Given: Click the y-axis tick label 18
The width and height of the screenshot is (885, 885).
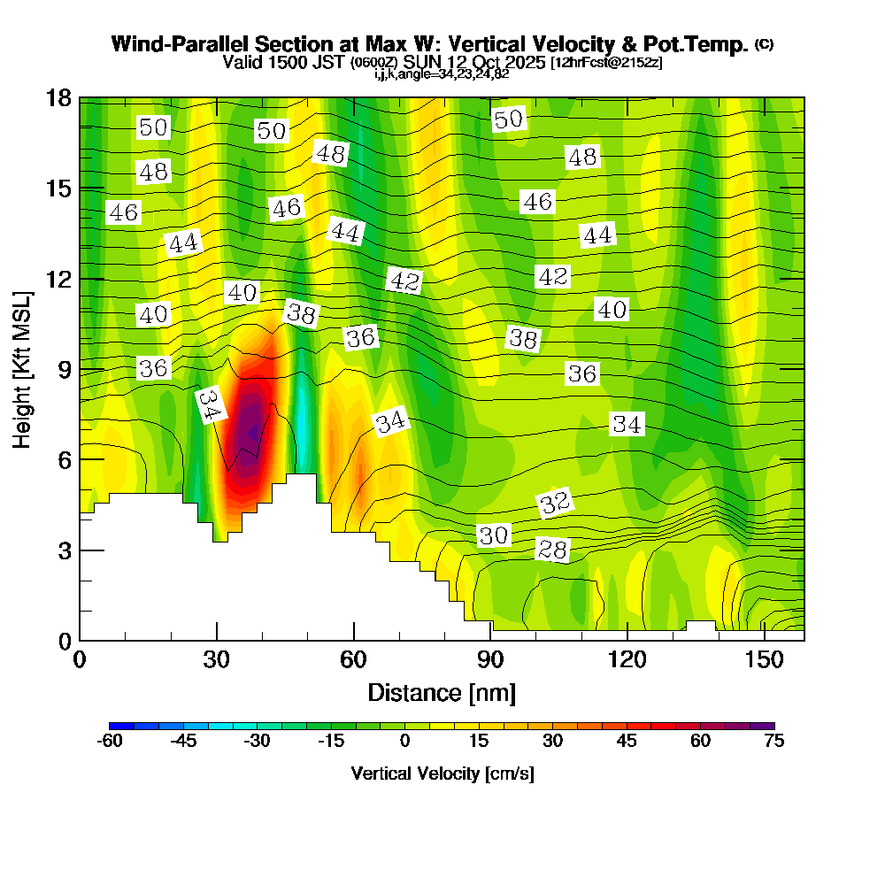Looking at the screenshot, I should coord(58,97).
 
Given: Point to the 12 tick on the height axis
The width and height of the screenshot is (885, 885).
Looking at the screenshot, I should coord(58,279).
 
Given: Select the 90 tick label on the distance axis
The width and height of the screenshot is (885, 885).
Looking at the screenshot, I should coord(490,659).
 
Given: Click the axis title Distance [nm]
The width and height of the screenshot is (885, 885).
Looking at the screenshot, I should coord(442,691).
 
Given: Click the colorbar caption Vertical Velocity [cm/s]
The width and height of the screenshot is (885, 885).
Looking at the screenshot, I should coord(442,773).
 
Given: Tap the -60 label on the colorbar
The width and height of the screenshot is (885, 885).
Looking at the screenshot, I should coord(109,742).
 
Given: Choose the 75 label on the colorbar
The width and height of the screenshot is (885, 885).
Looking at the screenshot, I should coord(773,742).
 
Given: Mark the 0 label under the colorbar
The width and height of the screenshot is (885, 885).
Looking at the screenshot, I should coord(404,742).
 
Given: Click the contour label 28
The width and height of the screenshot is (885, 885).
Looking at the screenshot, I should coord(553,550).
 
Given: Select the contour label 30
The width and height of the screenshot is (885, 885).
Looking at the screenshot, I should coord(494,535).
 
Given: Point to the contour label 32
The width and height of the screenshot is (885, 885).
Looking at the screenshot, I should coord(554,504).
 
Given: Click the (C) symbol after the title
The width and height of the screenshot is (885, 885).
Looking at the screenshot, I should coord(765,44).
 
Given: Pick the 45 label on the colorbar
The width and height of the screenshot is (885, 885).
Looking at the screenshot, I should coord(627,742).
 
